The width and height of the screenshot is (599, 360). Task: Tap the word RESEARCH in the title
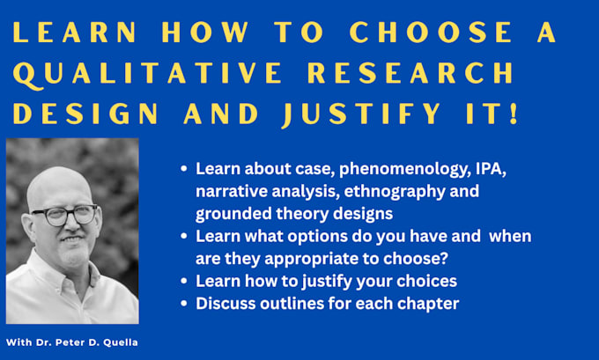410,72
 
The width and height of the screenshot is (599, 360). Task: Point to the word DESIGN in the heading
85,113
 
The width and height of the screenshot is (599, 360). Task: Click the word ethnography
395,192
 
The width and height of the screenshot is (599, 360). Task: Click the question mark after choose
443,259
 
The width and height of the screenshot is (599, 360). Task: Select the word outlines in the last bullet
291,304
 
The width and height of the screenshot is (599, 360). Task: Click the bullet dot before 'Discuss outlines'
184,304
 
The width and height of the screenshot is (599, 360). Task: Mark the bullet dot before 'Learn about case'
184,169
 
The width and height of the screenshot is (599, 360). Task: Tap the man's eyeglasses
65,215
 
